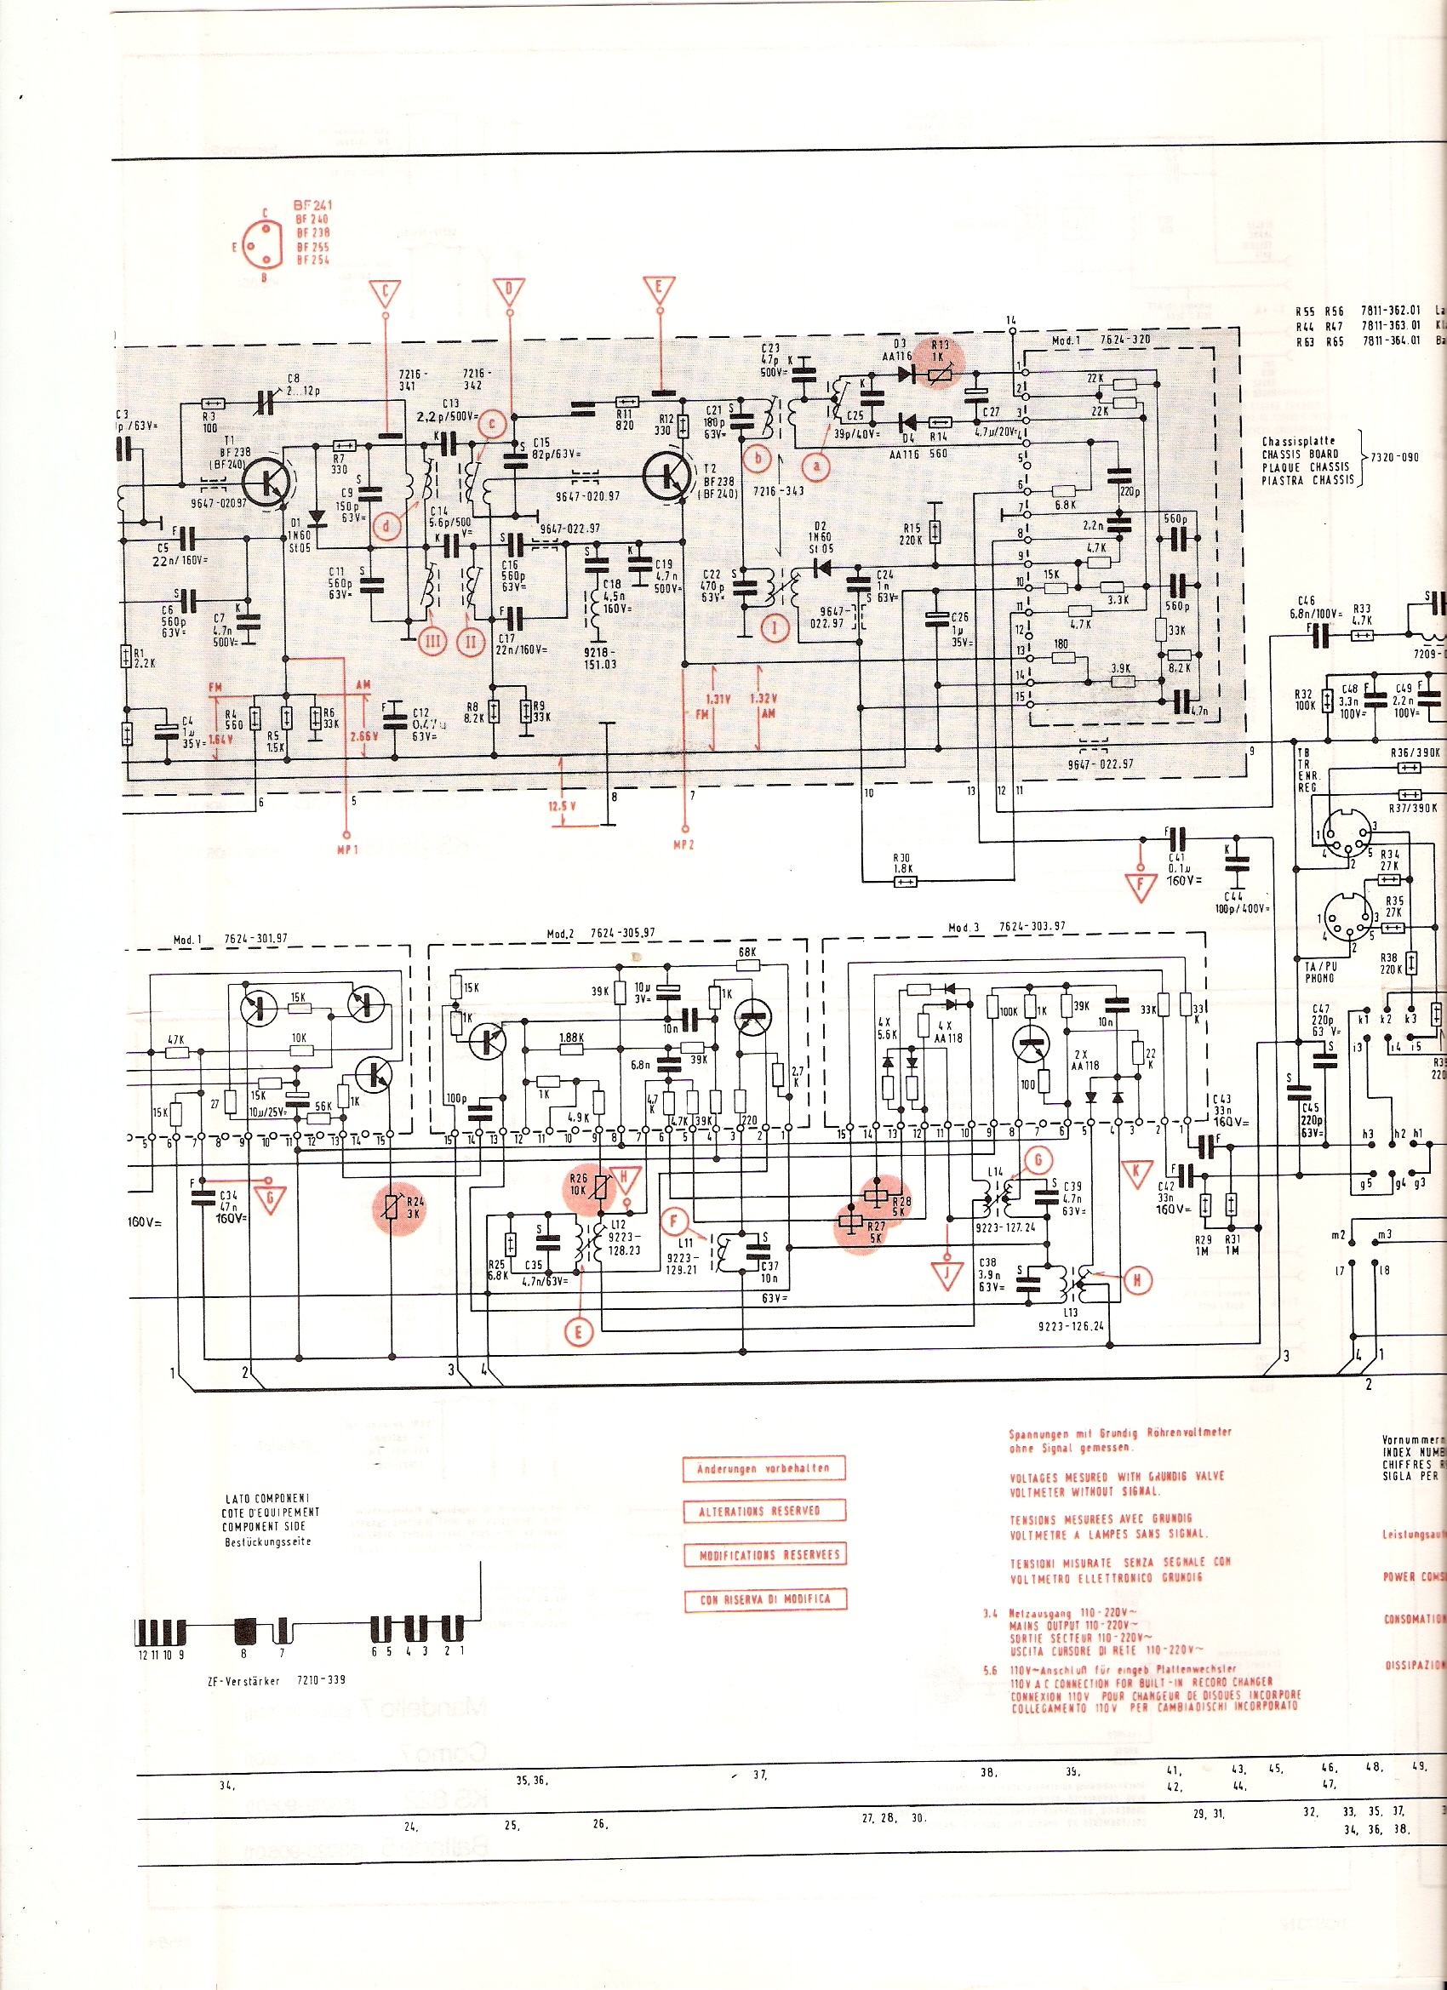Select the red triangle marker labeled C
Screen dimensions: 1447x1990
[x=386, y=293]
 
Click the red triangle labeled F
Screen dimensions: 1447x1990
[x=1141, y=887]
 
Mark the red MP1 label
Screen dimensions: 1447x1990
[x=347, y=849]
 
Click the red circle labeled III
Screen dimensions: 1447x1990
[x=432, y=642]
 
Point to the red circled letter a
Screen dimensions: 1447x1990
[x=817, y=467]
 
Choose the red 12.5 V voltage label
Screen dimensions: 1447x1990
[x=558, y=805]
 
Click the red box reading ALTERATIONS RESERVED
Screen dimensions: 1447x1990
[x=764, y=1510]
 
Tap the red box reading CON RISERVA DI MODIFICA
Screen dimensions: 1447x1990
[x=764, y=1598]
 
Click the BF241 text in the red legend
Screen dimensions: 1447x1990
[x=312, y=205]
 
